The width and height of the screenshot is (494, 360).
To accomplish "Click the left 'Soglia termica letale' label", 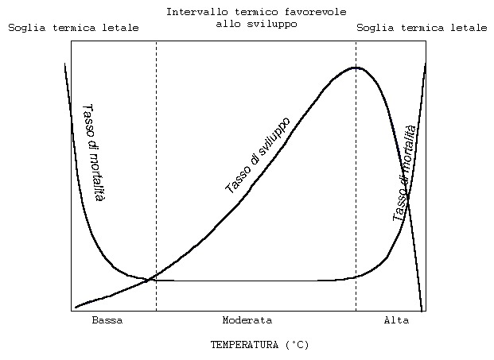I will tap(73, 28).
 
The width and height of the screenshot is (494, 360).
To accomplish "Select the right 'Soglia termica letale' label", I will tap(421, 28).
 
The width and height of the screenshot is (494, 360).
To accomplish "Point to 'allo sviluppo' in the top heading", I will tap(256, 24).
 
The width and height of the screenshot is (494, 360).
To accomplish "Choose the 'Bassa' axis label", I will tap(107, 320).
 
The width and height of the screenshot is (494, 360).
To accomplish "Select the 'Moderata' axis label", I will tap(247, 320).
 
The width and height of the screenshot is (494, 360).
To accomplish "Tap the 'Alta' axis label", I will tap(396, 320).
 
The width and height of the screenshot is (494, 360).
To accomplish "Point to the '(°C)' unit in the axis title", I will tap(297, 345).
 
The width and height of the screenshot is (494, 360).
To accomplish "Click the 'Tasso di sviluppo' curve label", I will tap(258, 155).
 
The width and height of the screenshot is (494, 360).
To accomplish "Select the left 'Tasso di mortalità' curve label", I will tap(93, 152).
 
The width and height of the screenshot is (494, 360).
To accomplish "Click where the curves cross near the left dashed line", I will tap(148, 279).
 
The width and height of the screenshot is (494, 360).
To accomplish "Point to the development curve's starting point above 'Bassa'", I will tap(76, 307).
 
